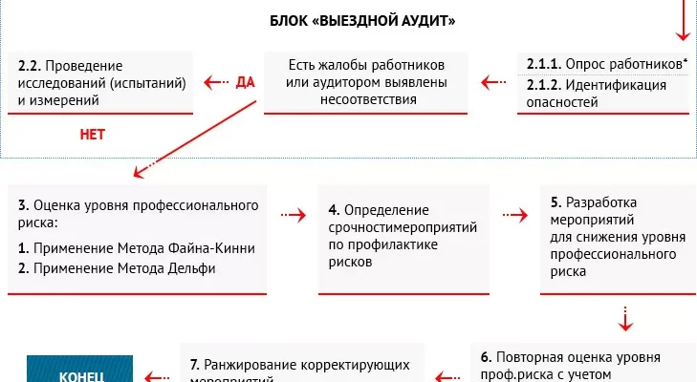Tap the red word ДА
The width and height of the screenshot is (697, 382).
click(x=244, y=83)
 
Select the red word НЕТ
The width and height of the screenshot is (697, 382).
click(x=92, y=135)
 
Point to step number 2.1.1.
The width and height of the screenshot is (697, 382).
click(x=544, y=64)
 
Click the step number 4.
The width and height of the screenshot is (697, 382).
click(x=334, y=209)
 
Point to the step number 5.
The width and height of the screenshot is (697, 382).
click(x=556, y=202)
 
